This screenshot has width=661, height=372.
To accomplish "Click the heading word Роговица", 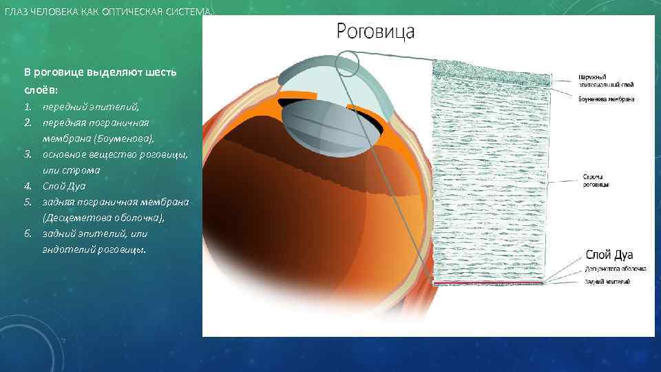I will tap(375, 31).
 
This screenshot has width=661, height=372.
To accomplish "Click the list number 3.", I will tap(27, 154).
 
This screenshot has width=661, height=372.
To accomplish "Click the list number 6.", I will tap(27, 234).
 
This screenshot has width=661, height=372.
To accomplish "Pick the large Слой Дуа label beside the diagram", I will tap(609, 254).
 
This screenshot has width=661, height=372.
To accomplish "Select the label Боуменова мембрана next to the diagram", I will tap(606, 99).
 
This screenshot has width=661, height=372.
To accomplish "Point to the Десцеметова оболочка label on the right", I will tap(615, 269).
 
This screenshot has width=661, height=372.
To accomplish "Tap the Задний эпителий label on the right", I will tap(607, 282).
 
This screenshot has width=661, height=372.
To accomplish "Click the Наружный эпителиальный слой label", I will tap(606, 80).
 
